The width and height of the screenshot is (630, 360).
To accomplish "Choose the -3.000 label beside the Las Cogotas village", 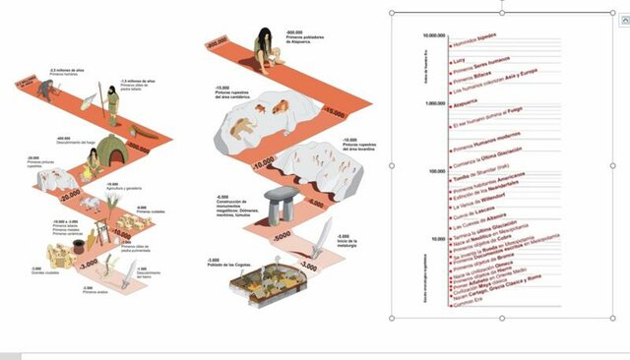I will click(307, 266).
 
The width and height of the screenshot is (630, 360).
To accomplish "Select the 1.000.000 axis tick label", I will click(434, 104).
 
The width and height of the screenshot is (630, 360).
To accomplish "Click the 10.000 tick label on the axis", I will click(438, 239).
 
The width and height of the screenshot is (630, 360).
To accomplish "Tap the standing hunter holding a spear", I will click(111, 103).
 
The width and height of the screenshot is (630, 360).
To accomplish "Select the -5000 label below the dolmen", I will click(282, 237).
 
